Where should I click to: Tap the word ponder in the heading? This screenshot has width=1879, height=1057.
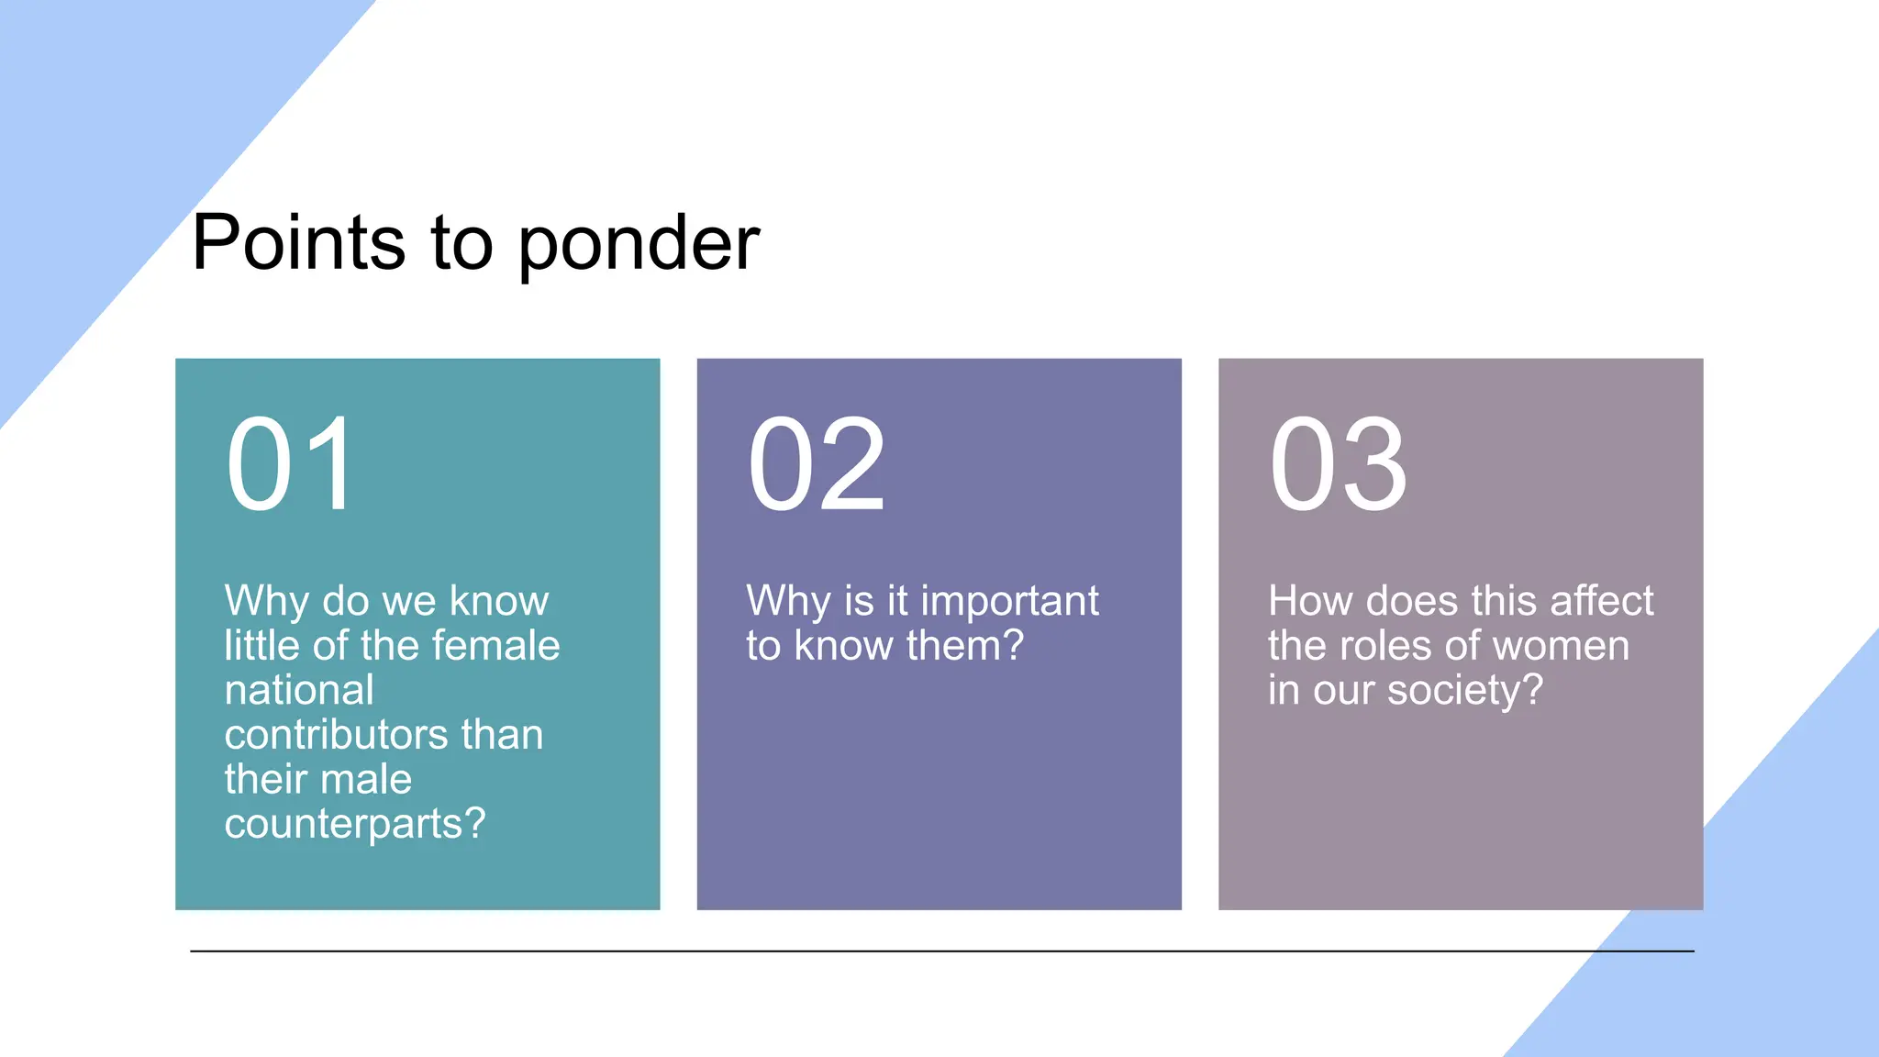pyautogui.click(x=639, y=244)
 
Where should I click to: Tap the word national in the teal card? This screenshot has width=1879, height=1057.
pyautogui.click(x=299, y=690)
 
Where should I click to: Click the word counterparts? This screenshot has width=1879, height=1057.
pyautogui.click(x=345, y=824)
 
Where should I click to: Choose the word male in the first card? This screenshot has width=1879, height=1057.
pyautogui.click(x=366, y=779)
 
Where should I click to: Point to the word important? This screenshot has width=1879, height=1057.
pyautogui.click(x=1009, y=602)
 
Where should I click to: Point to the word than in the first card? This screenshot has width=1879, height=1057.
pyautogui.click(x=502, y=734)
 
